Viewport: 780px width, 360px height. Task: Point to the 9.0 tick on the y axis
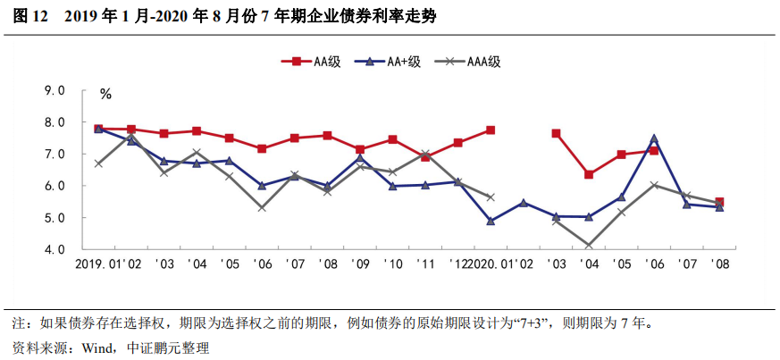55,91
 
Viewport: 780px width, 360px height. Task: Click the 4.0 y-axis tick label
55,249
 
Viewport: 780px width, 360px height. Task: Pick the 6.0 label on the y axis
55,186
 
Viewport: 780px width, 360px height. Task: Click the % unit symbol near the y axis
105,94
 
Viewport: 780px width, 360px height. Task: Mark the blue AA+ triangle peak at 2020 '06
654,138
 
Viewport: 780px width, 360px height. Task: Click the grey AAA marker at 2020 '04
589,245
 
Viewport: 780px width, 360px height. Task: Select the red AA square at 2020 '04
589,174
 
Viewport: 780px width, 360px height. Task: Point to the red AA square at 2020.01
491,130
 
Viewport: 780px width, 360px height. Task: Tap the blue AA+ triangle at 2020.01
491,221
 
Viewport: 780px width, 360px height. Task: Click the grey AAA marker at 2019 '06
262,207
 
